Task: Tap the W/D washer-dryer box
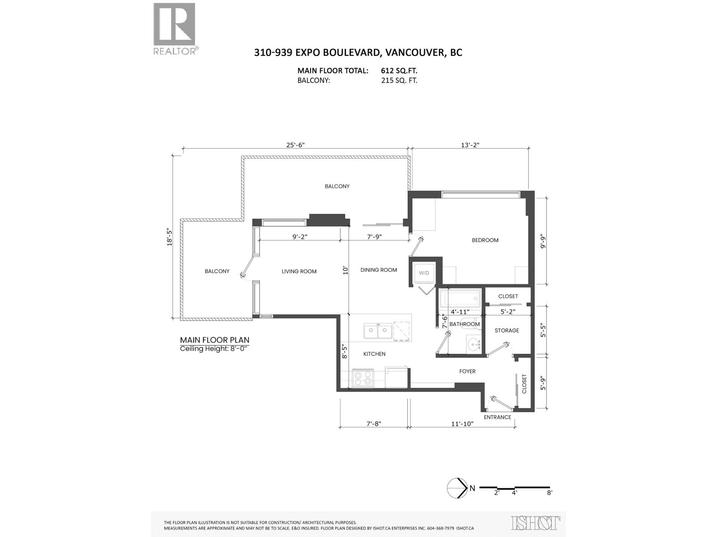point(423,273)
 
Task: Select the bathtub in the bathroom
point(460,298)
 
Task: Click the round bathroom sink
point(473,344)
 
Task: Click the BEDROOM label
point(485,240)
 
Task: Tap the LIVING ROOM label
point(299,271)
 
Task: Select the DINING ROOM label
point(379,270)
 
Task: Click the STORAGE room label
point(507,330)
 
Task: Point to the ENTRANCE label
point(497,417)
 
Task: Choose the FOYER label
point(467,371)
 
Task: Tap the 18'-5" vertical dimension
point(169,237)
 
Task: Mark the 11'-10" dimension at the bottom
point(462,423)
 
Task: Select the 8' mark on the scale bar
point(549,493)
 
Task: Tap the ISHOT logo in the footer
point(536,523)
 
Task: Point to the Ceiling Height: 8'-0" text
point(213,349)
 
